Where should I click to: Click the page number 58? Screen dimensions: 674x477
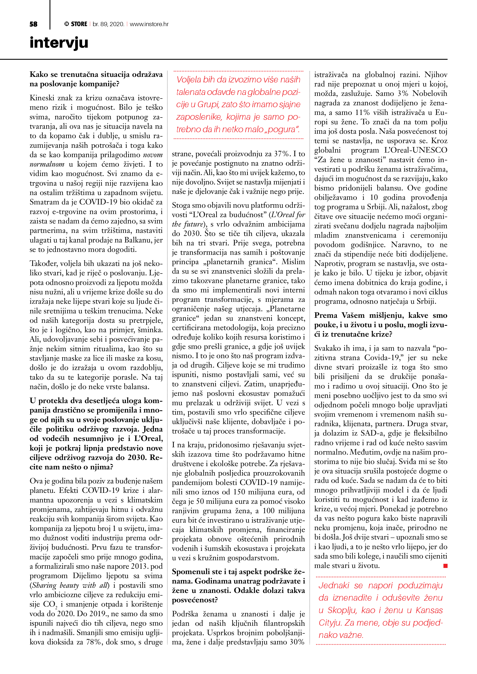pyautogui.click(x=33, y=24)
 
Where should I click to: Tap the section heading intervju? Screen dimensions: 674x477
pyautogui.click(x=59, y=43)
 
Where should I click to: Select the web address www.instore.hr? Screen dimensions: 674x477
pyautogui.click(x=149, y=24)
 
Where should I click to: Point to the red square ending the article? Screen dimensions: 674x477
pyautogui.click(x=445, y=566)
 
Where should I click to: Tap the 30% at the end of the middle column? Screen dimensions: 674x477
pyautogui.click(x=297, y=642)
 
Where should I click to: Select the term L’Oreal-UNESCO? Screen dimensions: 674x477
pyautogui.click(x=416, y=150)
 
